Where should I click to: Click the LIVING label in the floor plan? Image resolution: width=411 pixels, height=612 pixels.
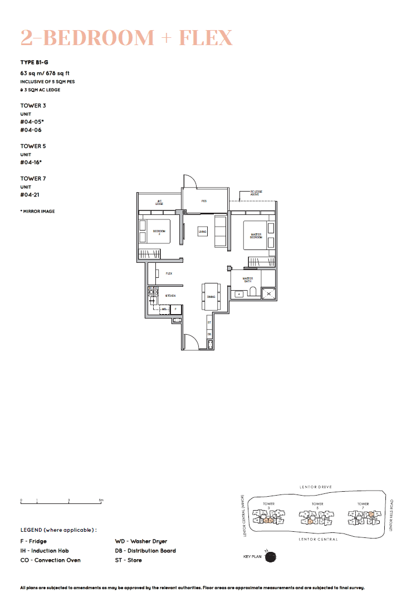202,232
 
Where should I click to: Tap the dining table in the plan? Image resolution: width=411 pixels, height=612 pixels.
211,297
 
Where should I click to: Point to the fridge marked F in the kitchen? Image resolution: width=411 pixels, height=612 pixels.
176,309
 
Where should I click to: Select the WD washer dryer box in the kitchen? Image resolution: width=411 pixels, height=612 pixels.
164,309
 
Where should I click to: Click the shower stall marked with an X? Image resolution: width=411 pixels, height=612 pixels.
269,293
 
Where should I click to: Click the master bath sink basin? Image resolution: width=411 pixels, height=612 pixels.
239,293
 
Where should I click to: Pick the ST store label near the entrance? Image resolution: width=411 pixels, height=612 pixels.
209,322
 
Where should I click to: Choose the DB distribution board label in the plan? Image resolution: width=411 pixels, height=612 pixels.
209,334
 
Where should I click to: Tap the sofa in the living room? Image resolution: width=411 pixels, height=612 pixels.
221,231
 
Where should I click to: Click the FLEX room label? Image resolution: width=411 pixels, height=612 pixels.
169,273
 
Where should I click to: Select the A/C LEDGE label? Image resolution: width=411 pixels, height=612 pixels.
159,202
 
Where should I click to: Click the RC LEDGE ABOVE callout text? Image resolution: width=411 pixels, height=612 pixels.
256,193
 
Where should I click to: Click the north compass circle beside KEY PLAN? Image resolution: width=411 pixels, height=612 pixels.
271,556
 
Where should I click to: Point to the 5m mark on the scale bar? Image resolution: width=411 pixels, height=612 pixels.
101,501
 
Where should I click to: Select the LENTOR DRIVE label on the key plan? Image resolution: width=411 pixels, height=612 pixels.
315,487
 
